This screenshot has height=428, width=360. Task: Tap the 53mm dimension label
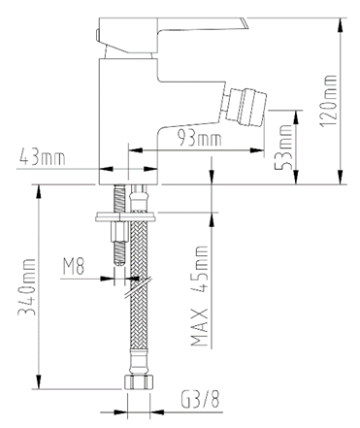tap(286, 146)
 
